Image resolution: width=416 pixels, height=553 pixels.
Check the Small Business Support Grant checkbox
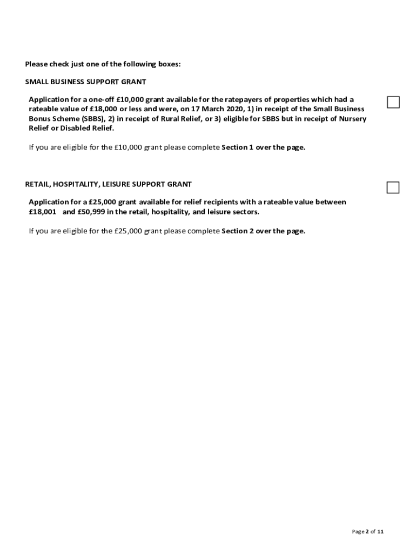coord(393,102)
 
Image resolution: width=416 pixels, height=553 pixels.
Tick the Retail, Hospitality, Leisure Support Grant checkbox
coord(393,187)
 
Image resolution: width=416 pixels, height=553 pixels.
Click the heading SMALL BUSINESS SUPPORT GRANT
coord(85,82)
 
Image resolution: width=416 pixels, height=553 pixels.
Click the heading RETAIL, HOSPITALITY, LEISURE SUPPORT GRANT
coord(108,185)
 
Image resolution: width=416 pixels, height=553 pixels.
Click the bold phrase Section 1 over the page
coord(263,147)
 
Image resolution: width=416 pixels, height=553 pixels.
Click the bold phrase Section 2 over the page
coord(263,231)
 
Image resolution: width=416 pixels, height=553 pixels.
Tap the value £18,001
coord(43,212)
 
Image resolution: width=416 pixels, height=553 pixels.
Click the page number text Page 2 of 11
coord(367,532)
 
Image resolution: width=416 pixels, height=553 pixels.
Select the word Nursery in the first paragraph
coord(353,118)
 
